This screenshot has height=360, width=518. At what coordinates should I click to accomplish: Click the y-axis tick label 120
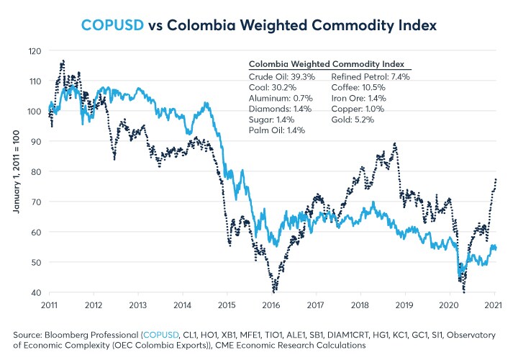tap(36, 51)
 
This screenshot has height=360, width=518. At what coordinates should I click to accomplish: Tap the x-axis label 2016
tap(271, 305)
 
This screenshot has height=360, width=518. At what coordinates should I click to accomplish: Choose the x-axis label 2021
tap(494, 305)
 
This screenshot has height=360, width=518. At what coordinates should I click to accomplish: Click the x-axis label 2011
tap(49, 305)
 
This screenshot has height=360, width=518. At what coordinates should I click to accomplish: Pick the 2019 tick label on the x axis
tap(404, 305)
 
